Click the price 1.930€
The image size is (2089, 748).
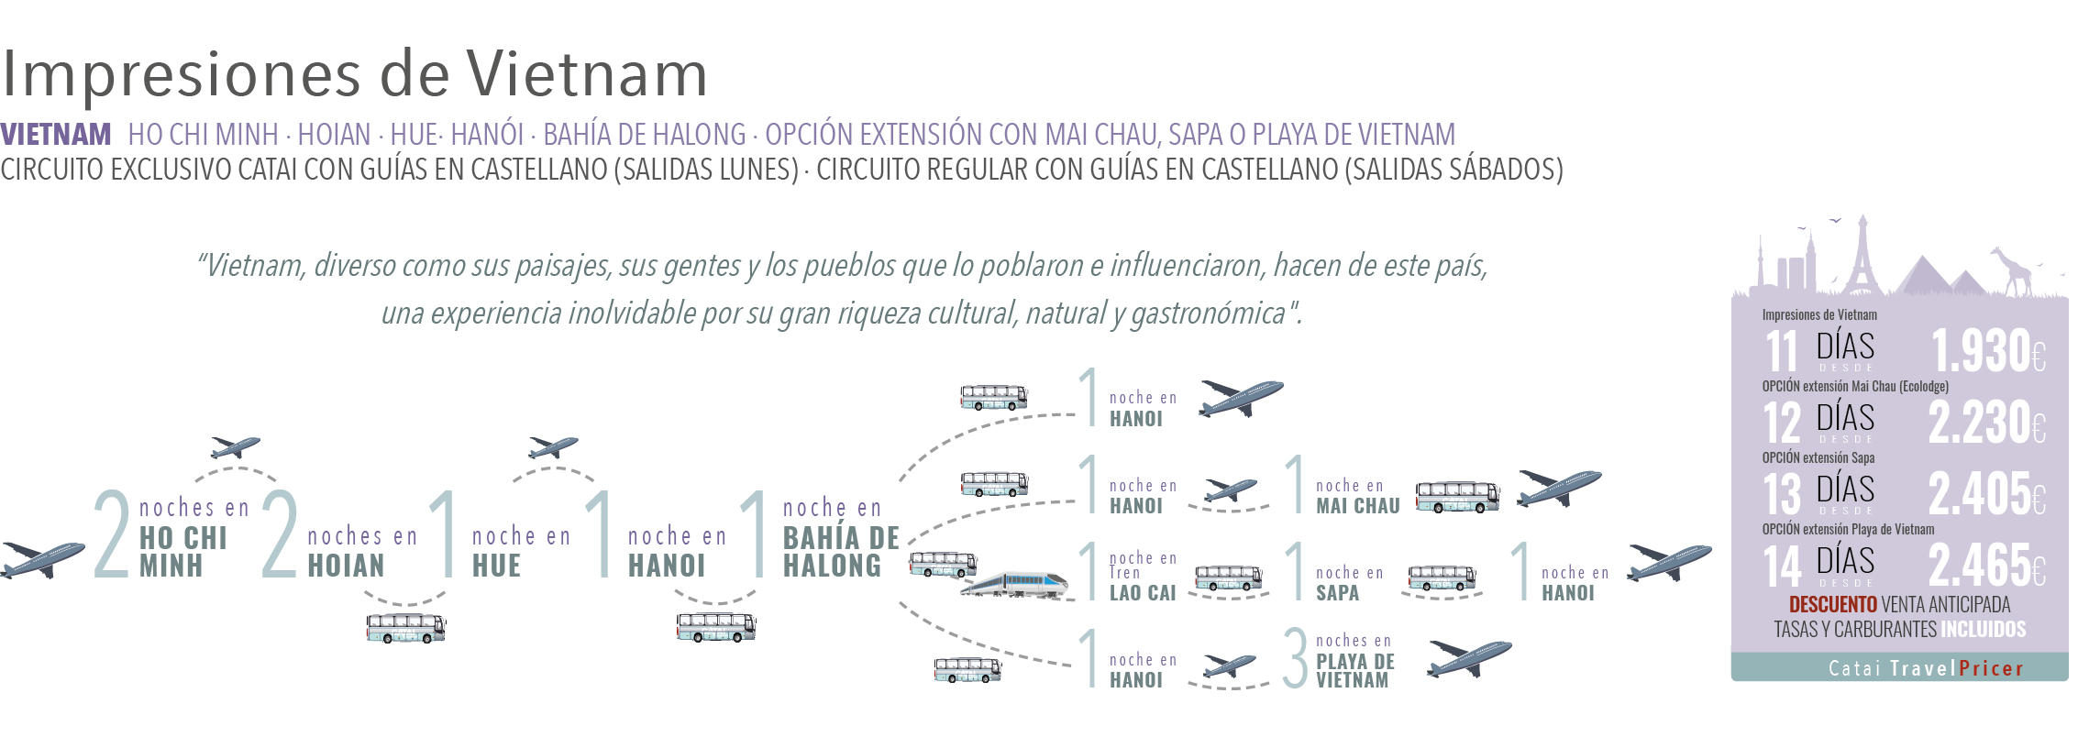(1987, 351)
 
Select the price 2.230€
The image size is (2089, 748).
(1986, 423)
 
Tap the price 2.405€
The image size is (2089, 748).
(1986, 494)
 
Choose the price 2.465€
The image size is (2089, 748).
(1986, 566)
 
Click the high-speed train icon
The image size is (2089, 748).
(1016, 584)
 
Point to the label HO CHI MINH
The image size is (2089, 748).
(182, 551)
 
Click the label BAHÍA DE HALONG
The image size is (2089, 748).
(840, 551)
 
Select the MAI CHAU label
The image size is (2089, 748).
(1357, 505)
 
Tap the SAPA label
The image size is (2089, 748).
(1337, 592)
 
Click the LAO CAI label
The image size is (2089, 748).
(1142, 592)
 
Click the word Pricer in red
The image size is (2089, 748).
(1991, 668)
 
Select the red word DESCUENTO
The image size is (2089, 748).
(1832, 605)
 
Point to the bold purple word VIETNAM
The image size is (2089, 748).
(56, 135)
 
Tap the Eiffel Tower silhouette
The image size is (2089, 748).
(1862, 257)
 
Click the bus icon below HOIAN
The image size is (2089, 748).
(405, 628)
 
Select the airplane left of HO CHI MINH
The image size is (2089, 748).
(42, 559)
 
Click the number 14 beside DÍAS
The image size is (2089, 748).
(1782, 566)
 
